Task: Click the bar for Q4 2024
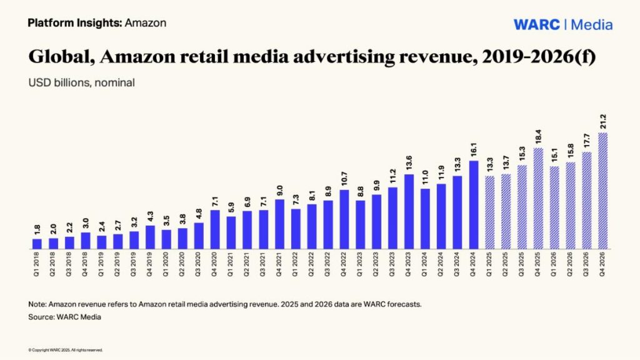pyautogui.click(x=474, y=204)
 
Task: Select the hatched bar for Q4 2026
pyautogui.click(x=603, y=190)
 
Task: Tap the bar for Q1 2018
pyautogui.click(x=37, y=243)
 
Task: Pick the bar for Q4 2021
pyautogui.click(x=279, y=223)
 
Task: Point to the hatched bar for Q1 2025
pyautogui.click(x=490, y=212)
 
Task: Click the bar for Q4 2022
pyautogui.click(x=344, y=219)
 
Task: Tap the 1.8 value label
pyautogui.click(x=37, y=229)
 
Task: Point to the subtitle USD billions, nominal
pyautogui.click(x=81, y=82)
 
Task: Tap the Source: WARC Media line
pyautogui.click(x=64, y=317)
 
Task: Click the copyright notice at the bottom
pyautogui.click(x=65, y=350)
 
